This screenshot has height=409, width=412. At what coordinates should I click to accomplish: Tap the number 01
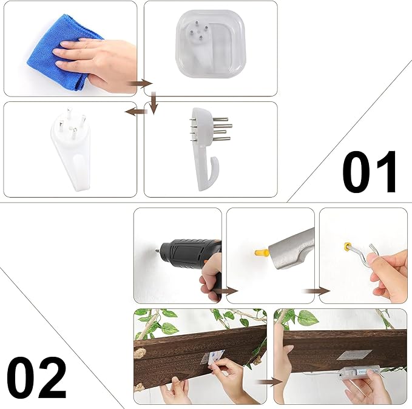point(369,172)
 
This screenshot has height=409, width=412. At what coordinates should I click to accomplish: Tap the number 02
point(36,377)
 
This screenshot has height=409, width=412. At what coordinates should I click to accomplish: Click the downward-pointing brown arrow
point(154,103)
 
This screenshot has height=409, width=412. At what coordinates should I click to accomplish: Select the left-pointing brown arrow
point(135,112)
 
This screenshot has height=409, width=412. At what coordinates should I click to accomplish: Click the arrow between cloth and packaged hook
point(140,84)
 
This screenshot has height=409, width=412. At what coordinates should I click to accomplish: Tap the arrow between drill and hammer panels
point(225,291)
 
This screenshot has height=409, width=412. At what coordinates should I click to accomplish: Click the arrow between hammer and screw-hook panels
point(316,291)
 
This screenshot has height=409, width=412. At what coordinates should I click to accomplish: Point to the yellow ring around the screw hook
point(347,247)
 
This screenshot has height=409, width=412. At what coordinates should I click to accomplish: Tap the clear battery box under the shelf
point(360,373)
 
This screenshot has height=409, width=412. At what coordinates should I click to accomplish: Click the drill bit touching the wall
point(157,251)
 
